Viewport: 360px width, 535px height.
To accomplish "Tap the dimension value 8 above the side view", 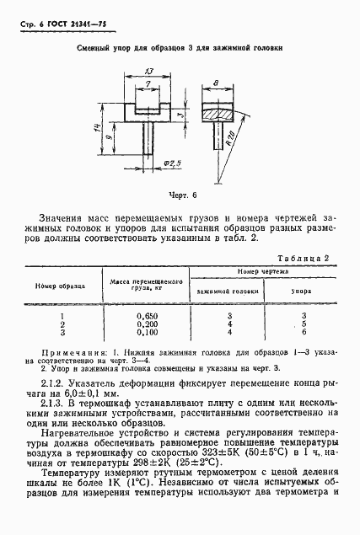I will [x=218, y=83].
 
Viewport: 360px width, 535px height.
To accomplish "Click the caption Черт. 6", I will [x=180, y=195].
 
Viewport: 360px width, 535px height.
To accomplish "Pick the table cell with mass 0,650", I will [x=148, y=313].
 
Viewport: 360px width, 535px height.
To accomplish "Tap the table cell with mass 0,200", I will [x=148, y=324].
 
